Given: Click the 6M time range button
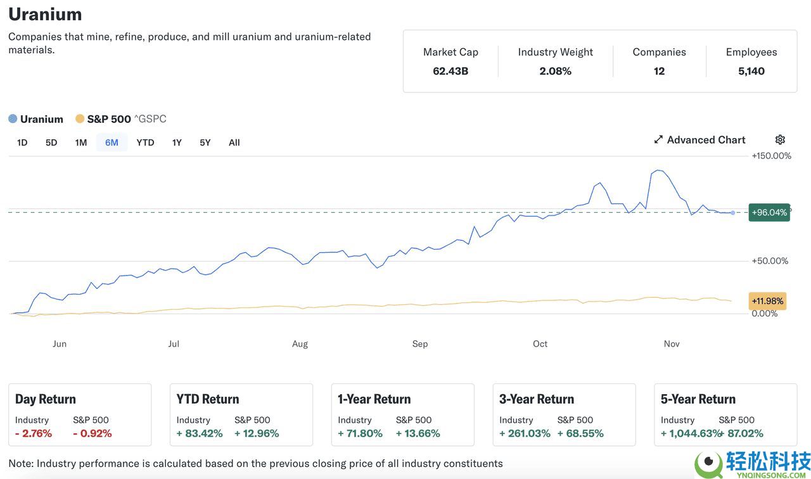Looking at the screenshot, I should [112, 143].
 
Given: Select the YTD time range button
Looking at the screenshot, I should [145, 143].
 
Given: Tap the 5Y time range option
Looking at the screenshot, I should [205, 143].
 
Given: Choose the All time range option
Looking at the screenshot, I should [234, 143].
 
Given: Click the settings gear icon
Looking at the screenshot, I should [780, 140].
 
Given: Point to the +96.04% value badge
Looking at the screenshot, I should [769, 212].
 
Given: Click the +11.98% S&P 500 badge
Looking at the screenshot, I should [767, 301].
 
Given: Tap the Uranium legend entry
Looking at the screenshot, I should [36, 119].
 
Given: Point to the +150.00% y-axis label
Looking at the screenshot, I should [771, 156].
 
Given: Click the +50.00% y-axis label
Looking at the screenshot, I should [770, 261].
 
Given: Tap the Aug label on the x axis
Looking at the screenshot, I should [300, 344].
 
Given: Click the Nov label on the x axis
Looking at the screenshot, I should [672, 344].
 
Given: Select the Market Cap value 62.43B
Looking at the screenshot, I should [450, 71].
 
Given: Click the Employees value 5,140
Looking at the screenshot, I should [751, 71].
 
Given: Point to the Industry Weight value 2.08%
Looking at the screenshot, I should [555, 71].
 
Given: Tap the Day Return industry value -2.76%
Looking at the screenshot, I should [34, 433].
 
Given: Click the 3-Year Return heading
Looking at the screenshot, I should [536, 399].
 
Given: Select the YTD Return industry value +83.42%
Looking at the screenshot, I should [200, 433].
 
